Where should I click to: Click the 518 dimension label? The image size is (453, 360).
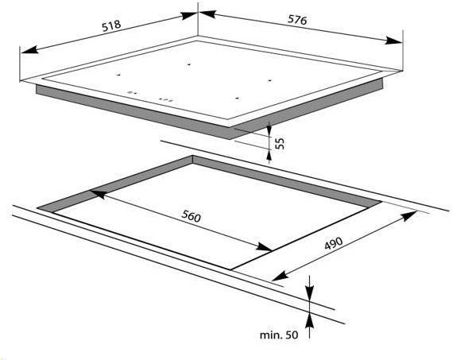click(x=111, y=25)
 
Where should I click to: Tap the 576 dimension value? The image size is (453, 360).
click(x=297, y=20)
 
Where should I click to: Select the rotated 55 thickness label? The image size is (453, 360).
click(x=280, y=143)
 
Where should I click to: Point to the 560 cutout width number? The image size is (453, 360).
click(x=191, y=216)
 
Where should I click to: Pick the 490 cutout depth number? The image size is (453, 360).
click(x=334, y=243)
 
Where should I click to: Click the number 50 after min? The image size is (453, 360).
click(x=292, y=335)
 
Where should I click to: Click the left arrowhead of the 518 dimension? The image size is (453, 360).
click(x=29, y=50)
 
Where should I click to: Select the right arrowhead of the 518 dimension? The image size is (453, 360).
click(x=189, y=15)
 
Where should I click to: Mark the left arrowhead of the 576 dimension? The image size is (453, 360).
click(x=207, y=14)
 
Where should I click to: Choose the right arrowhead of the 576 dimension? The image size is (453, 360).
click(x=393, y=41)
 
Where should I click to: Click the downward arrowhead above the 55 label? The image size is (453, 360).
click(x=269, y=130)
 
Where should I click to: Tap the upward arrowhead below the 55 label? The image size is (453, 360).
click(x=269, y=157)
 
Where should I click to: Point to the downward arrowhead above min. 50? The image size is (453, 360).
click(x=309, y=292)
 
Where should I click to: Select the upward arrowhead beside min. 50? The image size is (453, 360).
click(x=309, y=321)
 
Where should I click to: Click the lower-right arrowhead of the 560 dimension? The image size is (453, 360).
click(x=265, y=246)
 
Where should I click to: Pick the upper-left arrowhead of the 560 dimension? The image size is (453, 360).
click(x=99, y=193)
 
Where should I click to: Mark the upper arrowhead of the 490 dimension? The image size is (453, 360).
click(x=408, y=216)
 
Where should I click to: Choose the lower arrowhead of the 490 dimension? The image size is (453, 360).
click(x=281, y=276)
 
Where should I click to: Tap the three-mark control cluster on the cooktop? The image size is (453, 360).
click(x=165, y=101)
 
